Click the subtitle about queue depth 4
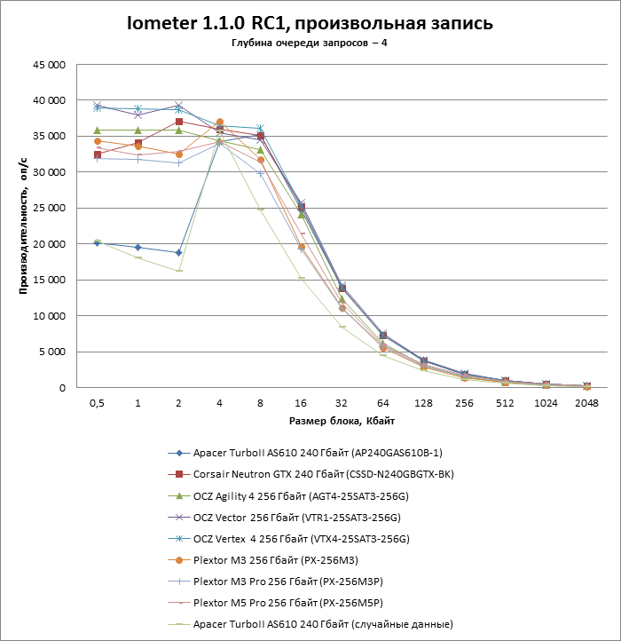tap(309, 44)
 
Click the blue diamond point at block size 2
tap(179, 253)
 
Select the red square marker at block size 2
tap(179, 122)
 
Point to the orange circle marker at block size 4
tap(220, 123)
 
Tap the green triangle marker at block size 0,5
tap(98, 131)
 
